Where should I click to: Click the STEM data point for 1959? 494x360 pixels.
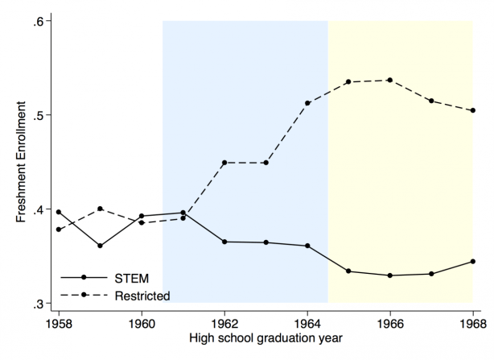(100, 246)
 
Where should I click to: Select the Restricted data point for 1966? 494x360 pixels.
(390, 81)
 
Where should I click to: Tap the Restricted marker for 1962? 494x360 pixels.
(224, 163)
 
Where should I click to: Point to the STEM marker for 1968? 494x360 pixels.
(473, 261)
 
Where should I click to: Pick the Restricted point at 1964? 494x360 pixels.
(307, 103)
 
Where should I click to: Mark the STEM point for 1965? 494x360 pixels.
(348, 271)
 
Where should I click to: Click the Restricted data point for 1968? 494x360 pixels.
(473, 110)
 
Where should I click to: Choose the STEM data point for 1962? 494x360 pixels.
(224, 242)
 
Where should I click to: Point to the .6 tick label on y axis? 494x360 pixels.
(37, 20)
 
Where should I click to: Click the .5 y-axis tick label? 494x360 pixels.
(37, 114)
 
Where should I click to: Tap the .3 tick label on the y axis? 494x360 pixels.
(37, 304)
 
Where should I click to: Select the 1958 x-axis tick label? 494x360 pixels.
(58, 324)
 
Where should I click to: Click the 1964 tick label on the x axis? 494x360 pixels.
(307, 324)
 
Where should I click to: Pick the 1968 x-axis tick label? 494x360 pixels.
(473, 324)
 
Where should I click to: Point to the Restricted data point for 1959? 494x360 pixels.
(100, 209)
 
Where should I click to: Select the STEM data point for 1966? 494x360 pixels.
(390, 275)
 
